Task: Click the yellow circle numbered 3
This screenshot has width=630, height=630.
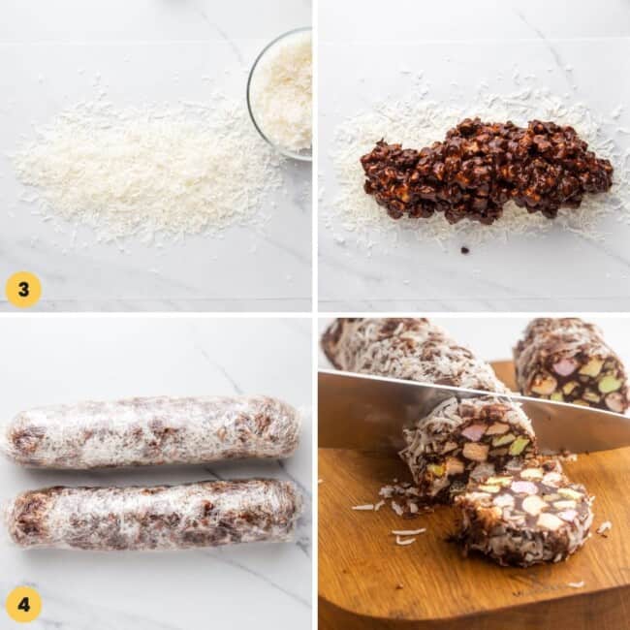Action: click(23, 290)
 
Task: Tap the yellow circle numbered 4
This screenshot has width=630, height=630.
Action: click(23, 604)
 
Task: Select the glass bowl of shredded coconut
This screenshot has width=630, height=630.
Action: click(280, 94)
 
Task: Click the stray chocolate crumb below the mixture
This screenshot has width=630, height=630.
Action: click(465, 250)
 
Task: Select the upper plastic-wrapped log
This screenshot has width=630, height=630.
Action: click(153, 432)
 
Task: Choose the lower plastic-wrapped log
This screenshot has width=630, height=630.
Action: click(155, 515)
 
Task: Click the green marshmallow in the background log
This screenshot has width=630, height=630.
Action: click(610, 385)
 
